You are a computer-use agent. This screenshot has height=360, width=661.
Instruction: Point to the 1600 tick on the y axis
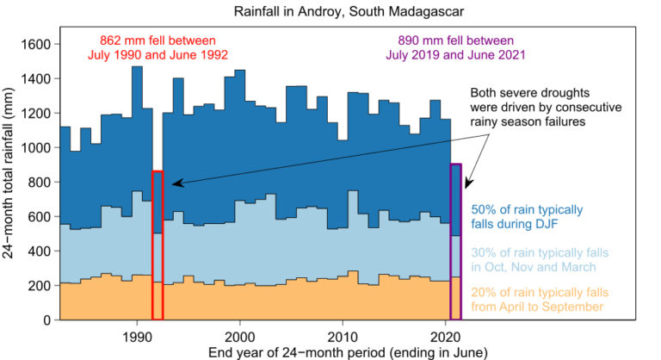pos(39,44)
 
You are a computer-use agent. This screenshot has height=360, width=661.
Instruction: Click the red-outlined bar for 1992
pos(158,245)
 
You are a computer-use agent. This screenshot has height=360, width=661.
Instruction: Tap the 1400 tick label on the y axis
pos(39,78)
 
